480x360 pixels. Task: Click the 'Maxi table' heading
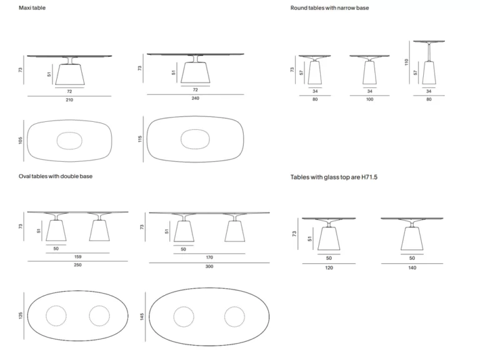tap(32, 8)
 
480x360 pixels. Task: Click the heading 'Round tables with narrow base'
tap(330, 8)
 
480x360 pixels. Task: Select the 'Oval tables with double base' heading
tap(56, 176)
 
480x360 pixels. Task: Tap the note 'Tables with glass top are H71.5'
tap(334, 177)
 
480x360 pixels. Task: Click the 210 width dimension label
tap(69, 100)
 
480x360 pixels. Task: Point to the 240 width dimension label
tap(195, 98)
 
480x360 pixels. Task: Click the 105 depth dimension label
tap(21, 141)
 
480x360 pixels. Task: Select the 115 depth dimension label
tap(140, 139)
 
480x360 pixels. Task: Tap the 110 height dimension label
tap(406, 62)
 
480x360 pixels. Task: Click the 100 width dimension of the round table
tap(370, 99)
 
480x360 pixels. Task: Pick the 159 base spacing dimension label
tap(77, 257)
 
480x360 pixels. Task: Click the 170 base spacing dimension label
tap(209, 257)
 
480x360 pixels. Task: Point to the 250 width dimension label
tap(77, 265)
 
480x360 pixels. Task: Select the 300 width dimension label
tap(209, 267)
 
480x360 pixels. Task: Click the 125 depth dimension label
tap(21, 316)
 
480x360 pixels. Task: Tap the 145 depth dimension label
tap(142, 317)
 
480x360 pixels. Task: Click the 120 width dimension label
tap(329, 268)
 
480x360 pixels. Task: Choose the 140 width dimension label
tap(412, 268)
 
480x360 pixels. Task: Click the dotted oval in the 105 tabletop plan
tap(69, 132)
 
